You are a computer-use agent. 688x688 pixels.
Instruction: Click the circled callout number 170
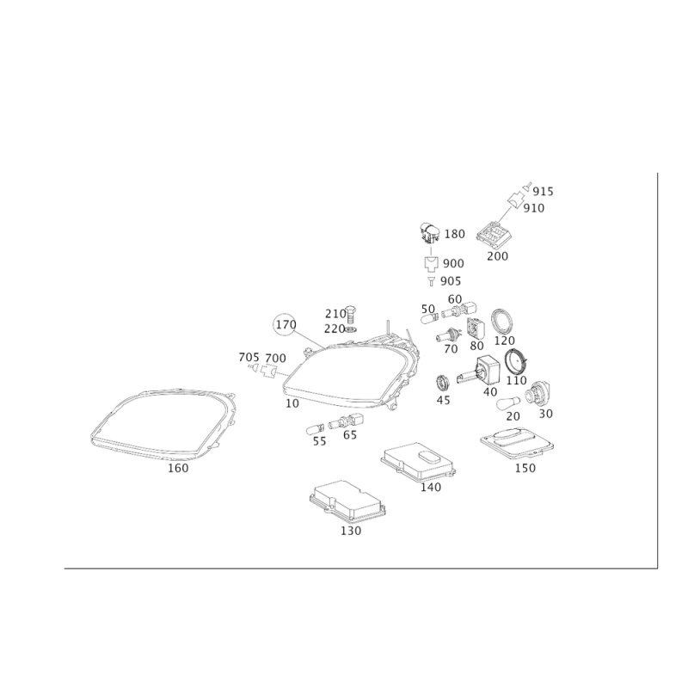pos(286,325)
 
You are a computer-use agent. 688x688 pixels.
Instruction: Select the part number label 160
pos(178,468)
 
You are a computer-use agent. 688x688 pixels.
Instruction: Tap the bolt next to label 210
pos(350,313)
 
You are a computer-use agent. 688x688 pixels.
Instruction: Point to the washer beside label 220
pos(351,329)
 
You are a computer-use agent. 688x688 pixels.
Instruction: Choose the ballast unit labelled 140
pos(418,462)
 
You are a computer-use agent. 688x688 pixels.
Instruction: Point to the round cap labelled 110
pos(516,361)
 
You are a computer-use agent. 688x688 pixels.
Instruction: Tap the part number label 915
pos(544,192)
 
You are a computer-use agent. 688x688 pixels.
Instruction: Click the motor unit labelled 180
pos(429,232)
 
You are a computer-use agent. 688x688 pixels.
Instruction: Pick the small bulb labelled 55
pos(314,427)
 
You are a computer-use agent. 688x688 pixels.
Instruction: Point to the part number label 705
pos(249,358)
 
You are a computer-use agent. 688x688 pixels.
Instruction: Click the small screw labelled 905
pos(432,281)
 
